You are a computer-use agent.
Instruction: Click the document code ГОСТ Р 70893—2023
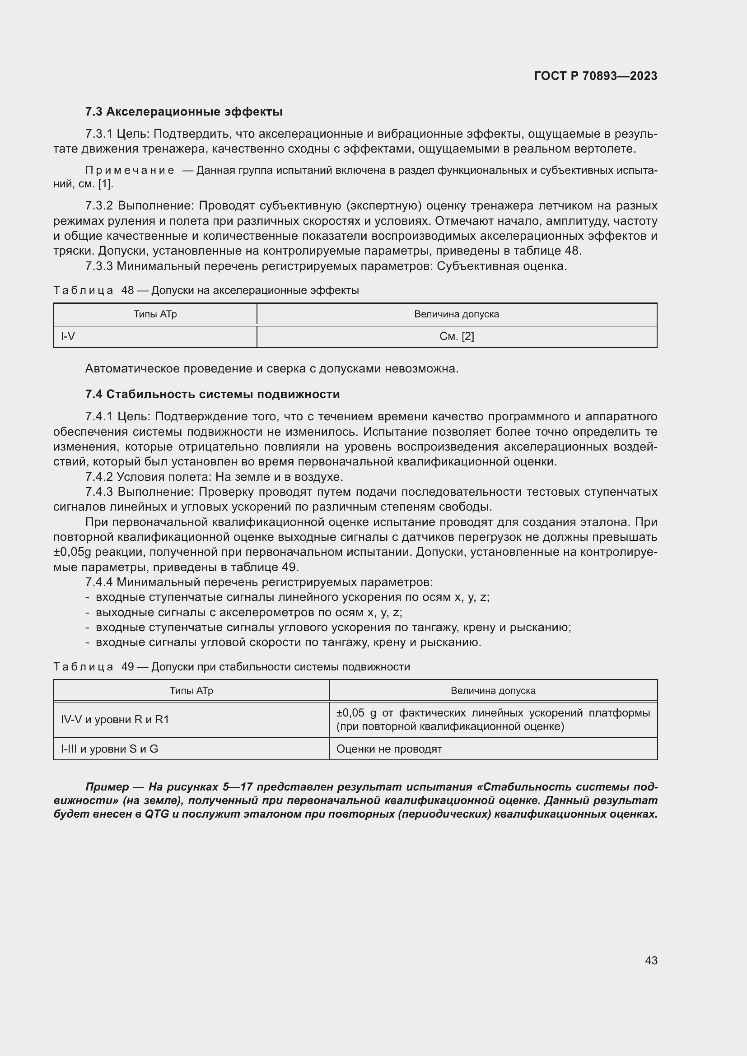(596, 76)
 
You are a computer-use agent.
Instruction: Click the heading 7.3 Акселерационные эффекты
(183, 112)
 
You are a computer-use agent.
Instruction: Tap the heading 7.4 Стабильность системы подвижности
(212, 394)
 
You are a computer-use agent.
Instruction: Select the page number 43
(651, 960)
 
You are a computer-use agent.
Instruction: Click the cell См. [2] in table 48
(456, 336)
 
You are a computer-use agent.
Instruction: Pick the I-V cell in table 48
(68, 336)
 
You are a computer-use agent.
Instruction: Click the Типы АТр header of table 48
(155, 314)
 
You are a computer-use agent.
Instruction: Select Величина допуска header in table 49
(493, 690)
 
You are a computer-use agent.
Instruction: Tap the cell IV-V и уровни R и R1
(115, 719)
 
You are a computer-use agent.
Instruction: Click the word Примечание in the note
(130, 171)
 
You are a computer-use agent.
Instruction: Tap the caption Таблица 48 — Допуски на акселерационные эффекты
(206, 290)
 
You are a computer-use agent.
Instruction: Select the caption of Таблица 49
(231, 667)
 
